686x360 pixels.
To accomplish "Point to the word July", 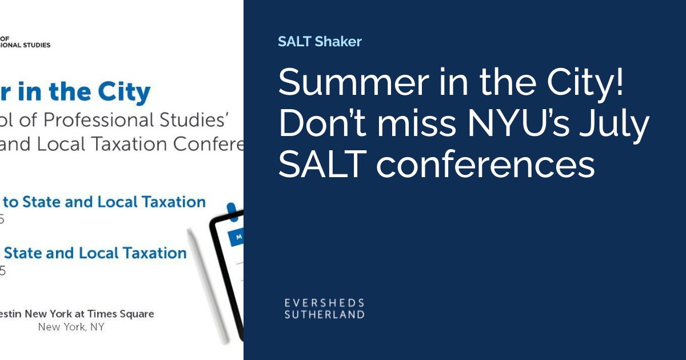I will pyautogui.click(x=619, y=125).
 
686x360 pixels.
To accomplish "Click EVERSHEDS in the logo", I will pyautogui.click(x=324, y=303).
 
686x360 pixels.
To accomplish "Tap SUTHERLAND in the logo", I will pyautogui.click(x=324, y=314).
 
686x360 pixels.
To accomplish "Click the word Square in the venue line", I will pyautogui.click(x=138, y=314).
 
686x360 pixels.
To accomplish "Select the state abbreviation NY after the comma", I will pyautogui.click(x=97, y=327).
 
